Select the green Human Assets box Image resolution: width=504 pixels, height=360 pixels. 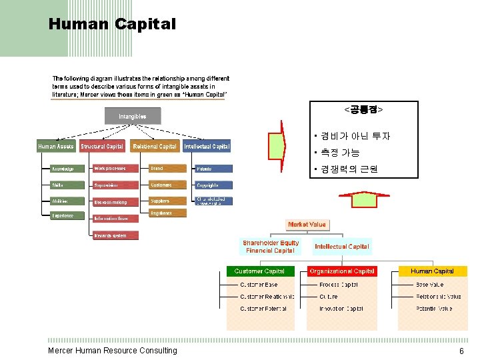pyautogui.click(x=56, y=146)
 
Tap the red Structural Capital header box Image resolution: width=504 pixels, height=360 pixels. pyautogui.click(x=102, y=146)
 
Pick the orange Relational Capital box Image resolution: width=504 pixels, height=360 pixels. pyautogui.click(x=155, y=146)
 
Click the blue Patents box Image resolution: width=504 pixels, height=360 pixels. pyautogui.click(x=213, y=169)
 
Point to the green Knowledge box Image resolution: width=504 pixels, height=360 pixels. pyautogui.click(x=68, y=169)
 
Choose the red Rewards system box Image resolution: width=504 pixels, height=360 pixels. pyautogui.click(x=115, y=235)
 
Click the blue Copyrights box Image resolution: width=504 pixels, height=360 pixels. pyautogui.click(x=213, y=185)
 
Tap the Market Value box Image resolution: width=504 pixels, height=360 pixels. pyautogui.click(x=307, y=225)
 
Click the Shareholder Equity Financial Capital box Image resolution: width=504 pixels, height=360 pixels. pyautogui.click(x=270, y=247)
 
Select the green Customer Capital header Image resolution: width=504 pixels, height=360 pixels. pyautogui.click(x=259, y=271)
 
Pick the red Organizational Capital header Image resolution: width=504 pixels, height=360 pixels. pyautogui.click(x=341, y=271)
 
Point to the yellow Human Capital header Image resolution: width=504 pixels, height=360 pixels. pyautogui.click(x=433, y=271)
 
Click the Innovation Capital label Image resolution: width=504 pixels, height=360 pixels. pyautogui.click(x=341, y=309)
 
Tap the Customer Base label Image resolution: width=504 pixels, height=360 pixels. pyautogui.click(x=259, y=285)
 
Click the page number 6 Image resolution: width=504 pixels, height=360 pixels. pyautogui.click(x=461, y=351)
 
